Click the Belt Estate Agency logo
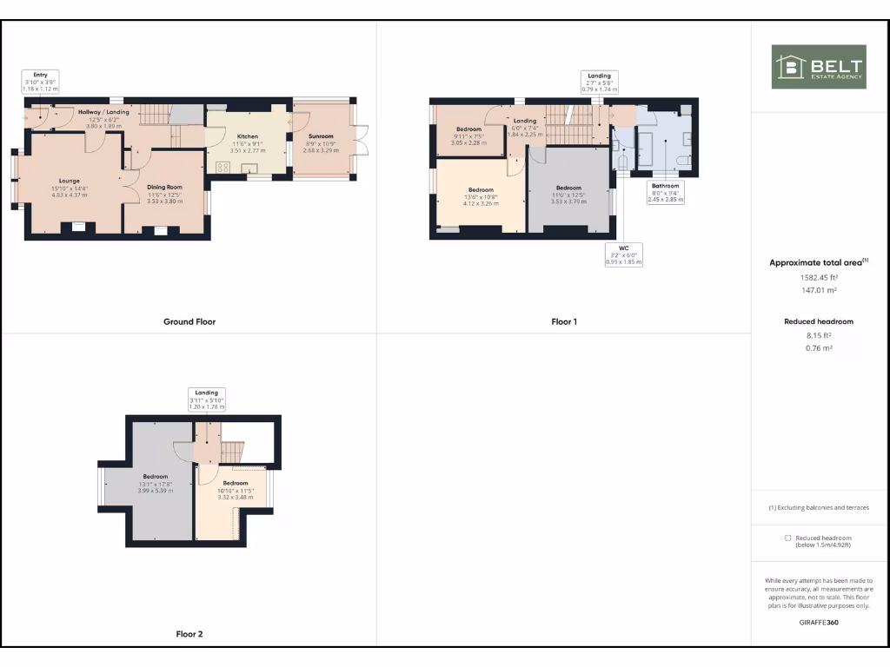(819, 67)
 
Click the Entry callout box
(41, 82)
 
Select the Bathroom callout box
(666, 192)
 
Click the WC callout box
(623, 254)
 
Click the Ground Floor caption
(189, 321)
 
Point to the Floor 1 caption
(564, 321)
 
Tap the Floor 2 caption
(189, 634)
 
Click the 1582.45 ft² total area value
(818, 278)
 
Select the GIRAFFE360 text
(818, 622)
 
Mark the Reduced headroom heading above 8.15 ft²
(818, 321)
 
